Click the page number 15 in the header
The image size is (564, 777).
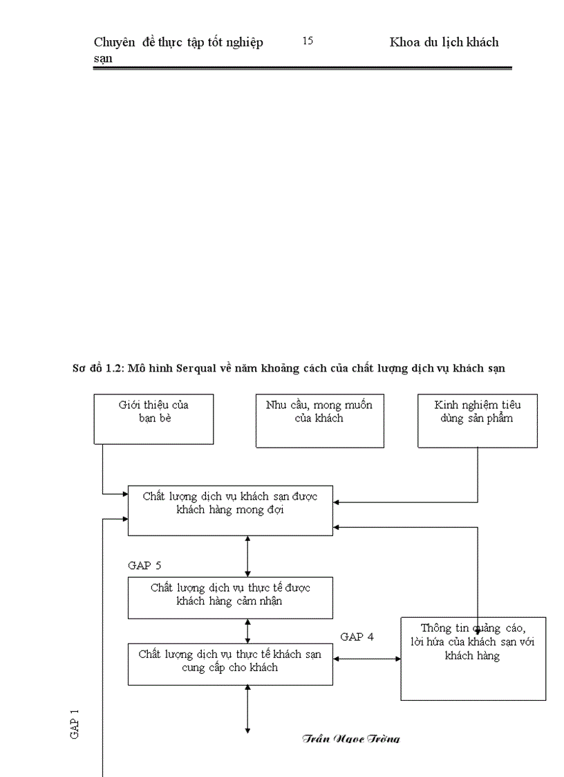308,42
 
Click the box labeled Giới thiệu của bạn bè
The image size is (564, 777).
153,419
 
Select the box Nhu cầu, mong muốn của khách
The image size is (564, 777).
319,421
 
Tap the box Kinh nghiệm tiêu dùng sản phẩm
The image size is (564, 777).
478,421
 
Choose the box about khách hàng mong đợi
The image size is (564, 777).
230,510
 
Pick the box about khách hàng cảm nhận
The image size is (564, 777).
230,597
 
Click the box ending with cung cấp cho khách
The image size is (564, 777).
230,664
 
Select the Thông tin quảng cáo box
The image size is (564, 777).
473,658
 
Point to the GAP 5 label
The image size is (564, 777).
144,565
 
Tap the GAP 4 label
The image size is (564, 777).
357,637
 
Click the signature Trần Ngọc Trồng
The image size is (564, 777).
351,738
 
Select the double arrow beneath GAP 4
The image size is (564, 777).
367,659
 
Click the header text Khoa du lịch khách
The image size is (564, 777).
444,43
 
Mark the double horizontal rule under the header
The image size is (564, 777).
302,68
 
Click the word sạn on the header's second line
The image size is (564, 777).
103,59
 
